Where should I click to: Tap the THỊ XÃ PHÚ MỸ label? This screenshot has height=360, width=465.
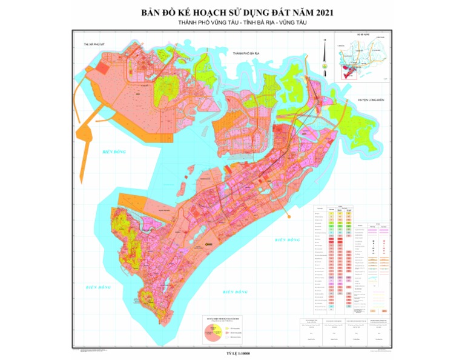pos(99,45)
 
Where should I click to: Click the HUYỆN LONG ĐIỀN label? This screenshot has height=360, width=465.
pos(371,100)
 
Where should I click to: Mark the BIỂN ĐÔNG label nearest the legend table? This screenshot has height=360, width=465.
pos(287,241)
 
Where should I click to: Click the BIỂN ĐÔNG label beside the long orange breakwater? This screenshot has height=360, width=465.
pos(114,152)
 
